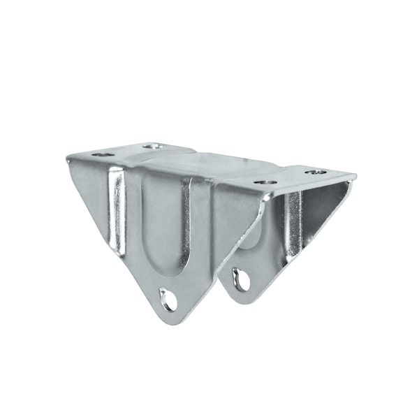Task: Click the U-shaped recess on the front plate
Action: pos(163,223)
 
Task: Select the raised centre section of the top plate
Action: pos(216,165)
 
